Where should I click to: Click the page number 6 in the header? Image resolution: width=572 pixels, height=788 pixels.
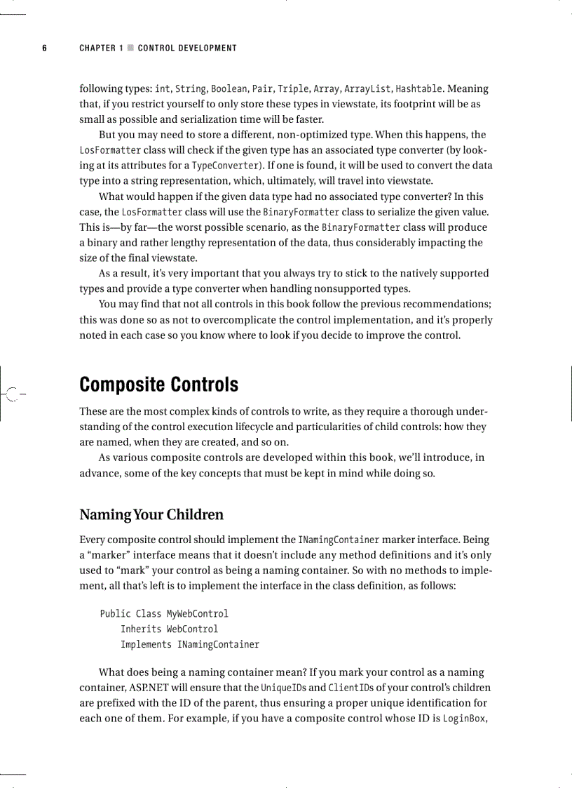[44, 48]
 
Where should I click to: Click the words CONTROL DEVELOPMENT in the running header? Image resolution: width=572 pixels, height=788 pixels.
[187, 48]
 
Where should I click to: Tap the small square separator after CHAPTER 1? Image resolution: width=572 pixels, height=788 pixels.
[130, 48]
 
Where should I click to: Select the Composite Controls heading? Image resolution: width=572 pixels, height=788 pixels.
[158, 385]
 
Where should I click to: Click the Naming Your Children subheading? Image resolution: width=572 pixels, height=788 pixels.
[151, 514]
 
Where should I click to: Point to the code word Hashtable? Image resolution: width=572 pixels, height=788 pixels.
[418, 89]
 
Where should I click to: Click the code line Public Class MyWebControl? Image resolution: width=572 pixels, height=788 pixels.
[164, 613]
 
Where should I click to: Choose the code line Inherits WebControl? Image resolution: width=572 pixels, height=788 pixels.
[169, 629]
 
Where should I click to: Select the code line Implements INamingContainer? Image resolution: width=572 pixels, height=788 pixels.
[189, 644]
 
